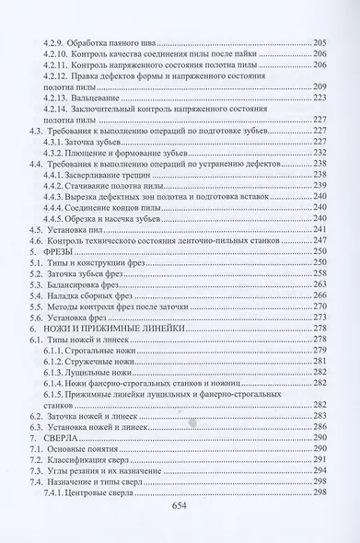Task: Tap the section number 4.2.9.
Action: coord(58,43)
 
